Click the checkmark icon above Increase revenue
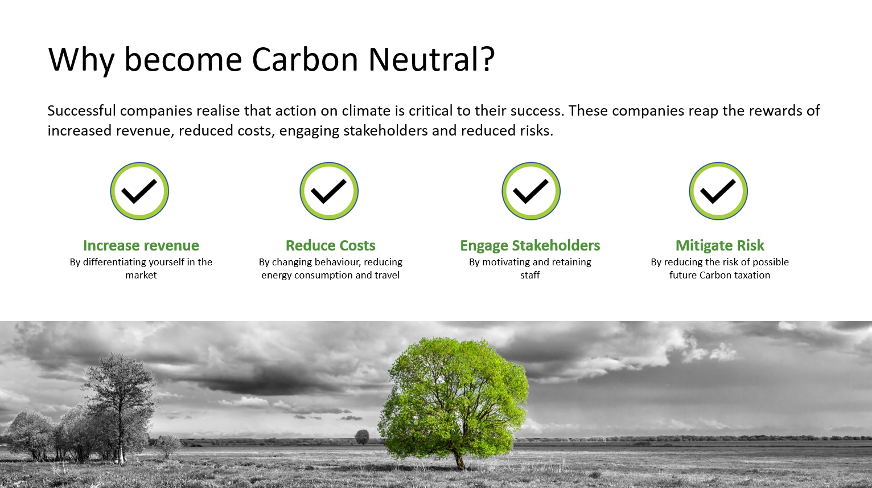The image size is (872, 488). tap(139, 191)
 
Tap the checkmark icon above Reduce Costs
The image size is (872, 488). tap(329, 191)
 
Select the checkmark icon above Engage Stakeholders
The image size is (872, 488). tap(531, 191)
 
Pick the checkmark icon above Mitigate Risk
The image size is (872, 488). tap(718, 191)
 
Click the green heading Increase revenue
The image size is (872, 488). tap(141, 245)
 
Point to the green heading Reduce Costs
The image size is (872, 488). tap(331, 245)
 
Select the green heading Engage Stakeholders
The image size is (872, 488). tap(530, 246)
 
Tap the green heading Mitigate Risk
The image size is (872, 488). tap(720, 246)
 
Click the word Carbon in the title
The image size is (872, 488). tap(305, 60)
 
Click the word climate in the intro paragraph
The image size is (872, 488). tap(367, 110)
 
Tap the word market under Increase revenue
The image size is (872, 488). tap(141, 276)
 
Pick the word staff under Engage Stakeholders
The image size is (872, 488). tap(530, 275)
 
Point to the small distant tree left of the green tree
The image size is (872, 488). tap(362, 437)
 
